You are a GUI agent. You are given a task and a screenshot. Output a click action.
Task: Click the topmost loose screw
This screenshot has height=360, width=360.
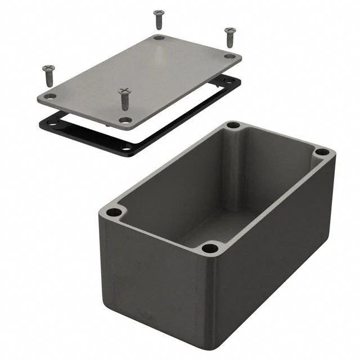pos(159,18)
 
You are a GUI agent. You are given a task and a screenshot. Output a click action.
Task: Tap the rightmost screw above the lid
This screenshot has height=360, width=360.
pos(229,37)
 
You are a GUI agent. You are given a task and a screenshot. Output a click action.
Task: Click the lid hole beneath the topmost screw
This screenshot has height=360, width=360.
pos(159,38)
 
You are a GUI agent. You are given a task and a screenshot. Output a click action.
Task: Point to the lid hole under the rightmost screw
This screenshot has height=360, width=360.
pos(229,56)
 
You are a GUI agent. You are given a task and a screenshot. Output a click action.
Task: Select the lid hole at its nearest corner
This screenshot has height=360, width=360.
pos(125,120)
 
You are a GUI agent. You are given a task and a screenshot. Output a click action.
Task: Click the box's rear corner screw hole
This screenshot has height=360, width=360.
pos(233,125)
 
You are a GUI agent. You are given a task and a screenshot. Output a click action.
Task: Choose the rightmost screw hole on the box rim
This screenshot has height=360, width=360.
pos(321,152)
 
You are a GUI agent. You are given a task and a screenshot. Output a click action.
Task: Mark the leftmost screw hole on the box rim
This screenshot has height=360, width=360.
pos(114,213)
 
